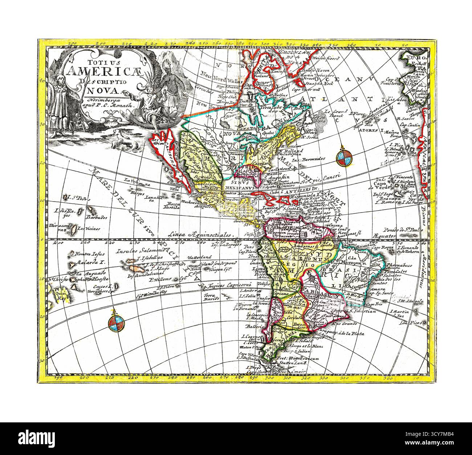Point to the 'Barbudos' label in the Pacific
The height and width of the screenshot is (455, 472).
click(96, 218)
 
